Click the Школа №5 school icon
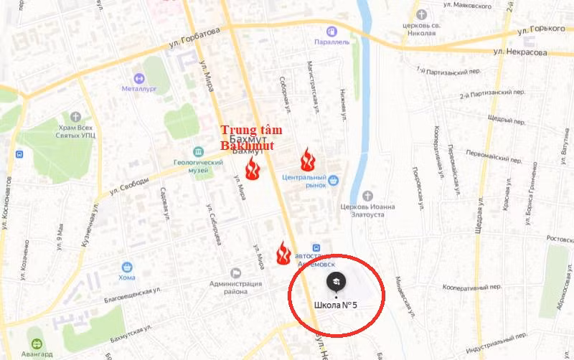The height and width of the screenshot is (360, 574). (x=336, y=282)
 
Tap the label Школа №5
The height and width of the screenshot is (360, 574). (x=335, y=305)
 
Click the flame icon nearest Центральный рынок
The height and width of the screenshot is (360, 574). (x=308, y=159)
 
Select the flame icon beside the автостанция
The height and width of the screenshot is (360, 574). (x=283, y=252)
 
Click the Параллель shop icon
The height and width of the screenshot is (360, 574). (x=331, y=32)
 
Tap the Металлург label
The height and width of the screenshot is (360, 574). (x=140, y=90)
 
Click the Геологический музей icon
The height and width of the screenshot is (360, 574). (x=198, y=151)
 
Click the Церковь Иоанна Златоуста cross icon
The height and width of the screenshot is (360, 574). (x=368, y=196)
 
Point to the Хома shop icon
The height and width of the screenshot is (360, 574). (x=127, y=267)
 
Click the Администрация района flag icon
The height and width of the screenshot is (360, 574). (x=235, y=273)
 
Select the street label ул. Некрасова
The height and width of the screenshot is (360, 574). (x=521, y=52)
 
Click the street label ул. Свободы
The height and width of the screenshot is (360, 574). (x=129, y=186)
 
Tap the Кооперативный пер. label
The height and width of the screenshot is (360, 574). (x=472, y=287)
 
